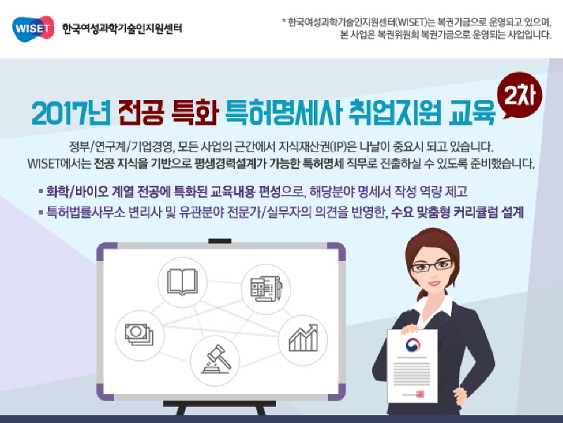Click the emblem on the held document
[410, 346]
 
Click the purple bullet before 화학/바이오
[40, 192]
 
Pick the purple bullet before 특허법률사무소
[40, 211]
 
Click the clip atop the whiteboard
[220, 243]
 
